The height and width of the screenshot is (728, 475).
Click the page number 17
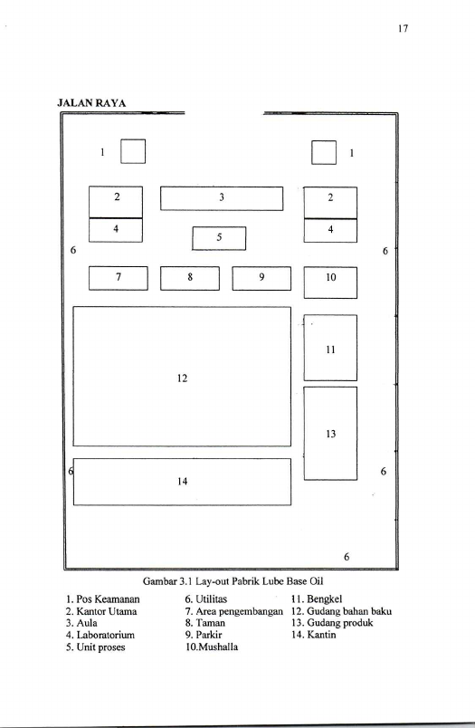403,28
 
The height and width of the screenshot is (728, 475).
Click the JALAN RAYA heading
91,103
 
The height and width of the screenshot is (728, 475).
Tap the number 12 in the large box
182,378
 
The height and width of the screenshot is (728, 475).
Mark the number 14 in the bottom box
182,482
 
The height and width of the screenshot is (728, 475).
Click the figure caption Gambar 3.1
233,581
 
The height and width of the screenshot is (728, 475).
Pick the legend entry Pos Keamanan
102,599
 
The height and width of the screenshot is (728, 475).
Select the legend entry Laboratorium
100,635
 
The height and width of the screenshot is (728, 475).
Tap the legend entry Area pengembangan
233,611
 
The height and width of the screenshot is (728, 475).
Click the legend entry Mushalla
212,647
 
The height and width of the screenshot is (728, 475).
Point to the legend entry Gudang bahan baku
341,611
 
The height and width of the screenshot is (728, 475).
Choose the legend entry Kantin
314,635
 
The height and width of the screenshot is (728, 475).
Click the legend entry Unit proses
95,647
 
